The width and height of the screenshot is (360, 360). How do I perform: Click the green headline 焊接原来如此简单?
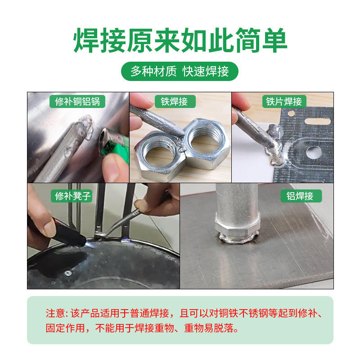[180, 40]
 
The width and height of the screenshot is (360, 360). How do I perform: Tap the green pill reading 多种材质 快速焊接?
[180, 71]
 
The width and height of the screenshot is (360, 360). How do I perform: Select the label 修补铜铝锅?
[77, 101]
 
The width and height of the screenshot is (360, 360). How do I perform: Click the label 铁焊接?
[175, 101]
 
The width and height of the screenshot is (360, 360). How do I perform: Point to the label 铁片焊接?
[284, 101]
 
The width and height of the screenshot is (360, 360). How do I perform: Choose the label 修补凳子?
[72, 196]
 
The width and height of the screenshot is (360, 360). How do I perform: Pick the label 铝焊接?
[301, 196]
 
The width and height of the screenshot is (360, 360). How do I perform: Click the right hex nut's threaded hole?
[205, 140]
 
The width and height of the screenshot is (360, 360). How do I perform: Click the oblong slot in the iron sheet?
[317, 121]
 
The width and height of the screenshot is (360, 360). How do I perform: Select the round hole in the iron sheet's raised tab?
[314, 153]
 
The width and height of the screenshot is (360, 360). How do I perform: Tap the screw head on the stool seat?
[68, 273]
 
